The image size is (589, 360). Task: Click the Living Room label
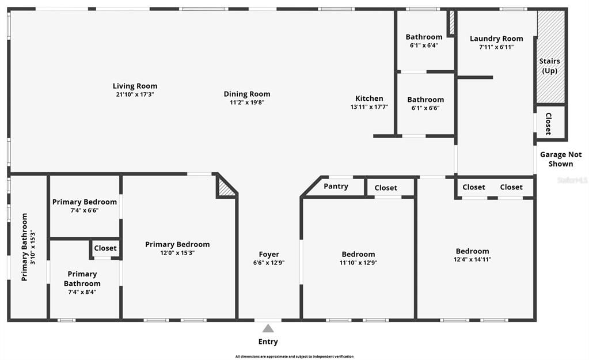point(135,86)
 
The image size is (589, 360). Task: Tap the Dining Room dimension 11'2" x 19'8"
point(247,103)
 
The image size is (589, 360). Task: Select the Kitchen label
point(369,98)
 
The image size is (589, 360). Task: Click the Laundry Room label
point(496,39)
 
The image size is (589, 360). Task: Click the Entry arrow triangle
point(268,328)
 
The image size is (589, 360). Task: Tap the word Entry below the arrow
point(268,342)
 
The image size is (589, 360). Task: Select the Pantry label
point(336,187)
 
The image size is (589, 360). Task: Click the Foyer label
point(269,254)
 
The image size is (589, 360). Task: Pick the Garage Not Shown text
point(561,159)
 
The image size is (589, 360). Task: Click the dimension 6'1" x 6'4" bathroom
point(424,46)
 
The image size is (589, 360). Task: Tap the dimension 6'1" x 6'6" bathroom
point(425,108)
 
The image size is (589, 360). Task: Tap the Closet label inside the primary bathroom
point(105,248)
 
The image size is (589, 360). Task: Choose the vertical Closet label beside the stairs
point(548,123)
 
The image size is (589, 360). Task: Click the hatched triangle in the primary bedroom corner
point(225,188)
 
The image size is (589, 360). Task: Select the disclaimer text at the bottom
point(294,357)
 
